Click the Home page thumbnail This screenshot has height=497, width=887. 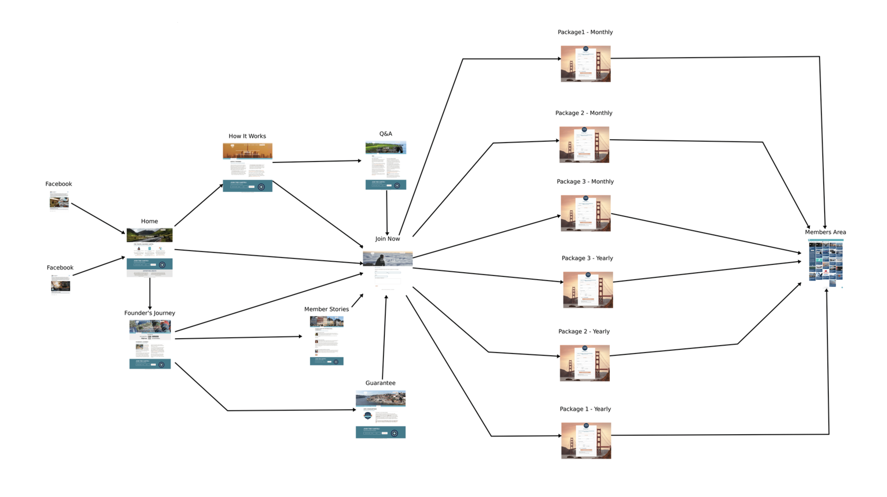(x=149, y=252)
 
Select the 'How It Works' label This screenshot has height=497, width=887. (x=247, y=136)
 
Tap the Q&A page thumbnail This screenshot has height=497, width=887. (x=386, y=165)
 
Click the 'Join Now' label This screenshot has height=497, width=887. (x=388, y=239)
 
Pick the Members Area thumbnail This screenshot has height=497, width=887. (x=825, y=263)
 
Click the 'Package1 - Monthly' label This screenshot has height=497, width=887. (x=585, y=32)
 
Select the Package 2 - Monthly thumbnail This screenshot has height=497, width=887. (x=584, y=145)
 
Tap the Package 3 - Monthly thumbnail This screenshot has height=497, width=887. (x=586, y=213)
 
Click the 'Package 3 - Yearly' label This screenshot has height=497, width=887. (x=587, y=259)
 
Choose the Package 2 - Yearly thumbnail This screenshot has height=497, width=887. (x=584, y=363)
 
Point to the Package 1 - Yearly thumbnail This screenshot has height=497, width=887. (x=586, y=441)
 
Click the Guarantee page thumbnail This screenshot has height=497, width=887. (x=381, y=414)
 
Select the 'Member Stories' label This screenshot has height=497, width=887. (x=326, y=309)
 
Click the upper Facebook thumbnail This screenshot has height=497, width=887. (x=59, y=200)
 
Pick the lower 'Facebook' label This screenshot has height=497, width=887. (x=60, y=268)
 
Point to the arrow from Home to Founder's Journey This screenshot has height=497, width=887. (x=150, y=293)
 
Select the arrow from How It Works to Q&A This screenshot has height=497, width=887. (x=317, y=161)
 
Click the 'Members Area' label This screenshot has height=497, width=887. (x=825, y=232)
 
